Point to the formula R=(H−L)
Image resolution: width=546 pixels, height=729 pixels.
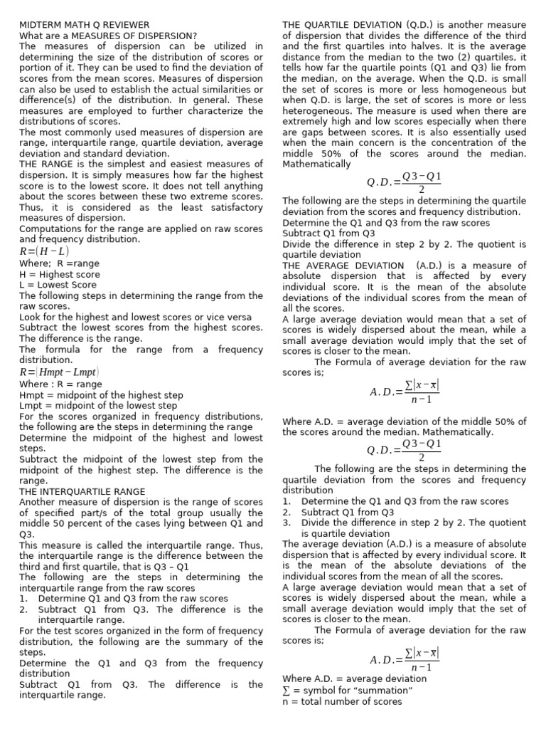tap(44, 251)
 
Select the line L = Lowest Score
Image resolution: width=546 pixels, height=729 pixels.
tap(58, 285)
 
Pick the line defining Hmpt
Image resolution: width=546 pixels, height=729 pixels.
tap(101, 395)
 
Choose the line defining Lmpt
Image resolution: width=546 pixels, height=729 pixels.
tap(98, 406)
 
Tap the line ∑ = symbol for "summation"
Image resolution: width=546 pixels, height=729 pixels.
tap(348, 691)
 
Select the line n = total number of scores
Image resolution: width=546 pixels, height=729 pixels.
tap(342, 701)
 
